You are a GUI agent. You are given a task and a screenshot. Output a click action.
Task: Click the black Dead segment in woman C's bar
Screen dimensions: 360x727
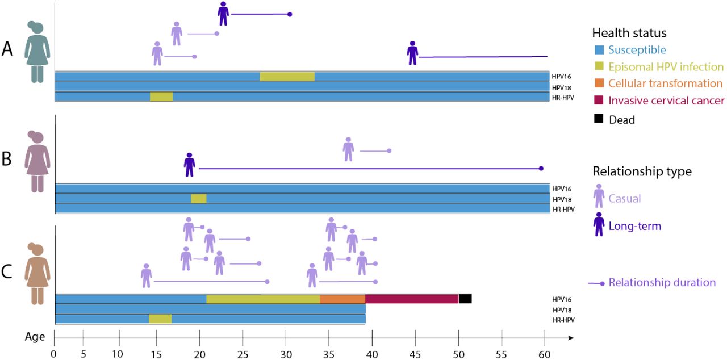tap(465, 299)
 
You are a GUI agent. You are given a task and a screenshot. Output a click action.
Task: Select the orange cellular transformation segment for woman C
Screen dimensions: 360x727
tap(342, 299)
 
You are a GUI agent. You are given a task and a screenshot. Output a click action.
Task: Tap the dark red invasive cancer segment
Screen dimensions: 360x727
tap(411, 299)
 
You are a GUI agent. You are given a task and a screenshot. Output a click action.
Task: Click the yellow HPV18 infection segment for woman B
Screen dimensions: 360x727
tap(198, 199)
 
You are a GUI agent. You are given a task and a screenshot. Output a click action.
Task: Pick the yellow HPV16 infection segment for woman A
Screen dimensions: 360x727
tap(287, 77)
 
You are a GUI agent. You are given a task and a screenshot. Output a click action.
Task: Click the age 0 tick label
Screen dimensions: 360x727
tap(54, 353)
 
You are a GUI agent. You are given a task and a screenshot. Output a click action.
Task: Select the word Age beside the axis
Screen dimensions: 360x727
tap(35, 337)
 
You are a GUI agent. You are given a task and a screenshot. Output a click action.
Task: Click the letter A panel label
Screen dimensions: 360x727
tap(7, 50)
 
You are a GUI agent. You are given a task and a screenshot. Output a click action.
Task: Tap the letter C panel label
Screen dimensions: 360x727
tap(7, 273)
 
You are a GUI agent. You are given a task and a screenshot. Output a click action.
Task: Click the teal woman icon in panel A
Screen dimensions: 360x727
tap(37, 51)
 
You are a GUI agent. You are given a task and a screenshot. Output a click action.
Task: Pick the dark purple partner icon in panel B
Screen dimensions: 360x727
tap(189, 165)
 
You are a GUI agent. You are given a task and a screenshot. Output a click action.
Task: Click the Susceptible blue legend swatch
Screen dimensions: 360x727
tap(598, 50)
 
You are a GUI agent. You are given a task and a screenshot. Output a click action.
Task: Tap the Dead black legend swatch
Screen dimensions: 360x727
tap(598, 119)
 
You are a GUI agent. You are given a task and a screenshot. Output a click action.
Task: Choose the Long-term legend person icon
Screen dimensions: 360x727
tap(599, 224)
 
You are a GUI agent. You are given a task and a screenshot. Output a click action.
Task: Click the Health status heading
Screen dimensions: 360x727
tap(629, 33)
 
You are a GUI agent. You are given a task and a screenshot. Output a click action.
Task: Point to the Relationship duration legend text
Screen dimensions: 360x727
tap(662, 282)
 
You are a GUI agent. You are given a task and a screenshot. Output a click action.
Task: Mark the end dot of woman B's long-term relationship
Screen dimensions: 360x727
tap(541, 169)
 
